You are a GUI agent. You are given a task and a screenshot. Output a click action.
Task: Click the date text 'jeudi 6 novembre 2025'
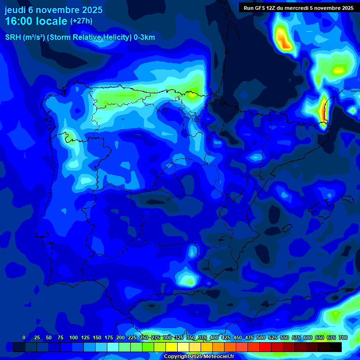(x=53, y=10)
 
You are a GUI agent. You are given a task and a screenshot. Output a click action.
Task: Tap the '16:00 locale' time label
(x=36, y=21)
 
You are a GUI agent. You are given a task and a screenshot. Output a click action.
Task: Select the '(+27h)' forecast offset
(x=81, y=21)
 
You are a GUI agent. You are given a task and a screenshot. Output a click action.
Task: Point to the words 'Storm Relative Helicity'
(x=90, y=37)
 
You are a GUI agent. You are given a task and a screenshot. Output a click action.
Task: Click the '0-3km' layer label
(x=145, y=37)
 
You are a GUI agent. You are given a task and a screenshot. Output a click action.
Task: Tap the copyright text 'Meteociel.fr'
(x=216, y=357)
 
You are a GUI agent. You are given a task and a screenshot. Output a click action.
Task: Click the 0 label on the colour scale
(x=24, y=337)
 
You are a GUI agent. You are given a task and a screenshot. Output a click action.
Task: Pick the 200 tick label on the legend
(x=120, y=337)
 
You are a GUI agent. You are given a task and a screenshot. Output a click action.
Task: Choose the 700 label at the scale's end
(x=343, y=337)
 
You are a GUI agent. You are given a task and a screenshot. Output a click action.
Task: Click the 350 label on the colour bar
(x=191, y=337)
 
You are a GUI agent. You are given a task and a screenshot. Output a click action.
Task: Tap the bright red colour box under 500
(x=265, y=347)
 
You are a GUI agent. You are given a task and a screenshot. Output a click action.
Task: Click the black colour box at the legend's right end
(x=336, y=347)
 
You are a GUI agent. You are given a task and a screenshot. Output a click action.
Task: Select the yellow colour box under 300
(x=172, y=347)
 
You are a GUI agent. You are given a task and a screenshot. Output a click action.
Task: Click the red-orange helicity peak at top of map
(x=284, y=40)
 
